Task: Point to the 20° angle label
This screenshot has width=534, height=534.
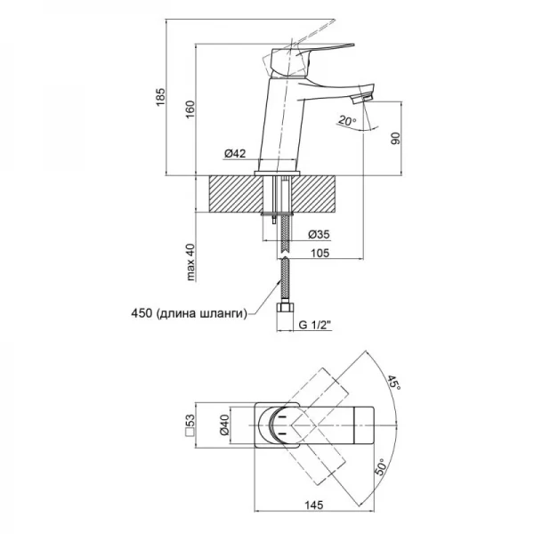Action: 347,121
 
